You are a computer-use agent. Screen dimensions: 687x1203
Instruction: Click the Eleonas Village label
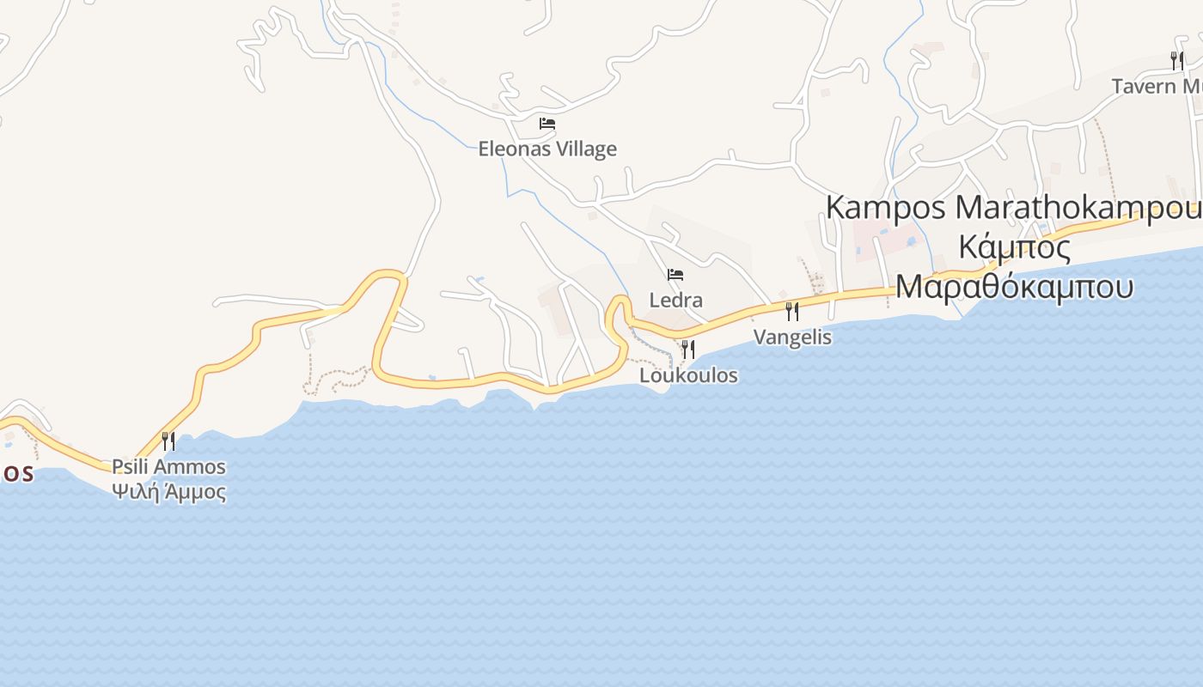[547, 149]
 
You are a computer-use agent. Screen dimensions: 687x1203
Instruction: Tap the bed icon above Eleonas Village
[547, 124]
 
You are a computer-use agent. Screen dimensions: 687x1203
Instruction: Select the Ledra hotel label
[675, 301]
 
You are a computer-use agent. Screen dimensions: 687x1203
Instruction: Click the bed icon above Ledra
[675, 276]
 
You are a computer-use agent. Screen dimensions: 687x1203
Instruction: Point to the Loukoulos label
[688, 375]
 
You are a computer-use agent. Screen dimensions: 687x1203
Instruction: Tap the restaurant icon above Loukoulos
[687, 350]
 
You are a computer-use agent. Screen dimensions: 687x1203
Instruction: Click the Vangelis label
[792, 337]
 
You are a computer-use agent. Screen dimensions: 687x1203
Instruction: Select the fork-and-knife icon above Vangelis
[792, 311]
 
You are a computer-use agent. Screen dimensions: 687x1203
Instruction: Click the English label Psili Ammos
[168, 467]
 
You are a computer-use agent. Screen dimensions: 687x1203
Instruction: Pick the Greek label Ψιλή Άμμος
[168, 492]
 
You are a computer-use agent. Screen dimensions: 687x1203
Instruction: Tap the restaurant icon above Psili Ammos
[168, 441]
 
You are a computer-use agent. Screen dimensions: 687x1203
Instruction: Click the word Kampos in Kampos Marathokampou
[886, 208]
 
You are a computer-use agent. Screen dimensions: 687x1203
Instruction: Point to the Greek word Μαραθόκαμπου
[1014, 286]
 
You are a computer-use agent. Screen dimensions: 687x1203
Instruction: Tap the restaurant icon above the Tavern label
[1176, 60]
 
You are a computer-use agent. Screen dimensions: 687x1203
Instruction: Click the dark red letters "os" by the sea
[17, 472]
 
